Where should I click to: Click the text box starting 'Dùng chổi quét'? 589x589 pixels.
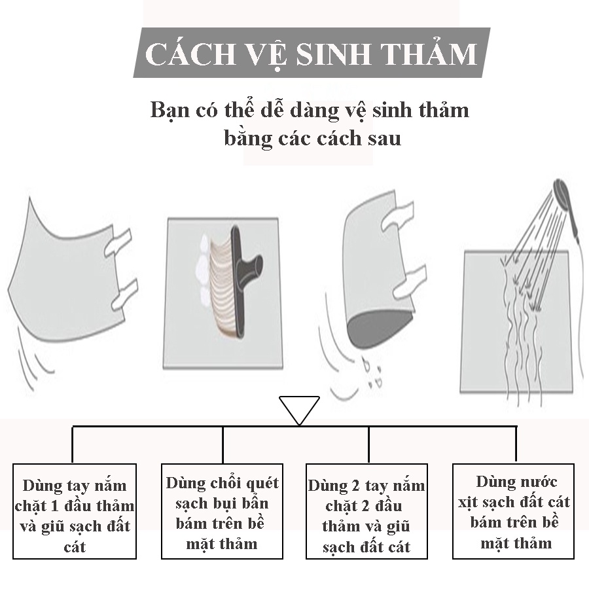(x=222, y=511)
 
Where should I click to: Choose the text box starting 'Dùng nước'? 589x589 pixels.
(x=513, y=511)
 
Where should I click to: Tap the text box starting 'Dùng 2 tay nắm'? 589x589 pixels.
(x=366, y=511)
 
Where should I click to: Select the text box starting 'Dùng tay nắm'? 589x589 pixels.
(x=75, y=511)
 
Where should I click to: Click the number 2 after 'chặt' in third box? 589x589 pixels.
(x=365, y=506)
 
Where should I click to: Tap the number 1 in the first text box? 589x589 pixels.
(x=54, y=506)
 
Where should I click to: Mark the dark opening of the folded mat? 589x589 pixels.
(x=380, y=326)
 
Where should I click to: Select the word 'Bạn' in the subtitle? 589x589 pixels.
(x=169, y=111)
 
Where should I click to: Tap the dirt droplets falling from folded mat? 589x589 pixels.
(x=372, y=374)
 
